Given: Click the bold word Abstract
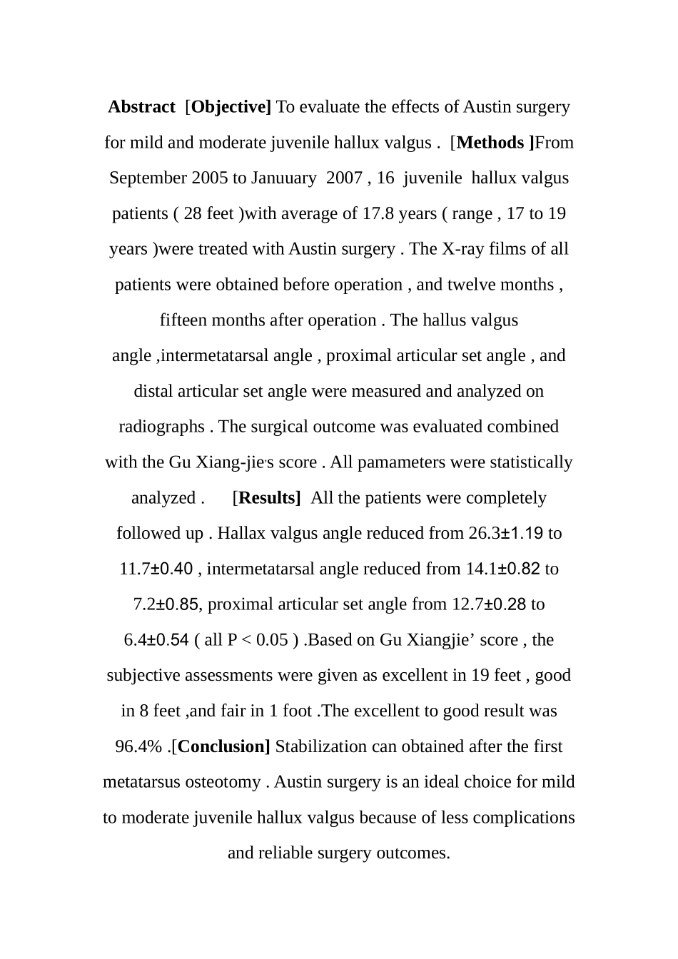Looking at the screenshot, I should tap(141, 107).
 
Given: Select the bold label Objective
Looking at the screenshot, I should tap(231, 107).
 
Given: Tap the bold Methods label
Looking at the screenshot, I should tap(495, 143).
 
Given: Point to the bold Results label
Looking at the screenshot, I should tap(269, 498).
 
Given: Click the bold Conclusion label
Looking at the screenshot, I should tap(223, 747).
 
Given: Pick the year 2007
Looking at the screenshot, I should tap(344, 178).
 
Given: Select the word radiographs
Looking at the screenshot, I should tap(161, 427).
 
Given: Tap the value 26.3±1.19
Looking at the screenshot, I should tap(506, 534).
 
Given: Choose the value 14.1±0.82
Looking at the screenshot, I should tap(502, 569).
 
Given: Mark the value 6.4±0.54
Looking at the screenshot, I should tap(156, 640).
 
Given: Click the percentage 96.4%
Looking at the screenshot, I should tap(140, 747).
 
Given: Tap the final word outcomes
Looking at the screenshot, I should tap(416, 853).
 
